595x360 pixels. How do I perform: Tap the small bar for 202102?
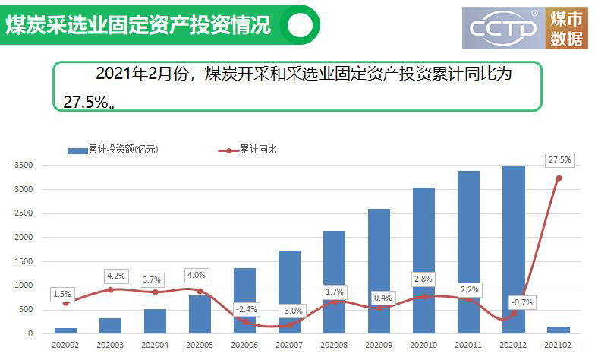pos(558,330)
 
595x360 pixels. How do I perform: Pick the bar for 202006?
pos(244,301)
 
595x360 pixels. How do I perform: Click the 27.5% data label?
pos(559,160)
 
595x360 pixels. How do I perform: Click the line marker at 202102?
pos(559,178)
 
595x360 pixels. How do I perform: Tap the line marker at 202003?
pos(110,289)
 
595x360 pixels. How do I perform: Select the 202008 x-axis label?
pos(334,346)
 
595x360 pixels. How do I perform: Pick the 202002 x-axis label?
pos(65,346)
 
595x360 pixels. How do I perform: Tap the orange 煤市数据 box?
pos(567,28)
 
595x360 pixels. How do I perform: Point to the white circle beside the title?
pos(300,25)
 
